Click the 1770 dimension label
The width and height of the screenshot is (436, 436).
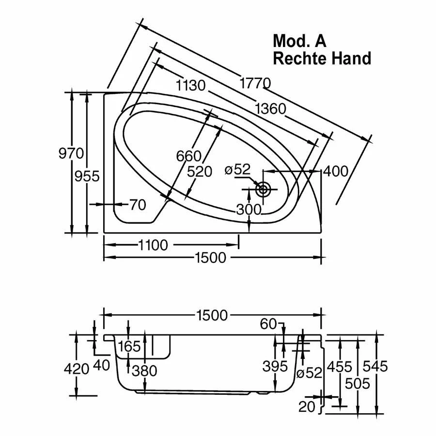pos(255,83)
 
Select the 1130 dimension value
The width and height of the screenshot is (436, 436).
pos(191,86)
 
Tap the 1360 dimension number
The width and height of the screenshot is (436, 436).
pos(270,109)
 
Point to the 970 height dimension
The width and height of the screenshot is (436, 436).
pos(71,154)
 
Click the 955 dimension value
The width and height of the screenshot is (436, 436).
pos(87,176)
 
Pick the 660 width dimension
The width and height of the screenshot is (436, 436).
pos(188,156)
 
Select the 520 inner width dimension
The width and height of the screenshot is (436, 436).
pos(200,171)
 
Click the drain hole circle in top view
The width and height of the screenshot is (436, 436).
pos(263,189)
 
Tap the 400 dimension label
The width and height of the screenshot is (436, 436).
pos(335,171)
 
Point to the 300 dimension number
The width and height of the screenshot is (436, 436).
pos(249,209)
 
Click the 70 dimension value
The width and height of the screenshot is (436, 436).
pos(138,205)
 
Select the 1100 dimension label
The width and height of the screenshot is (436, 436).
pos(152,245)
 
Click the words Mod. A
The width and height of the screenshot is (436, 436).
pos(299,41)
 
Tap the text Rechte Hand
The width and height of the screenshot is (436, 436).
pos(322,58)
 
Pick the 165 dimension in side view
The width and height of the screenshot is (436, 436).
pos(129,346)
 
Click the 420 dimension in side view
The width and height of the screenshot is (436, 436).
pos(77,369)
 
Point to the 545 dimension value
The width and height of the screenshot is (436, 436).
pos(376,367)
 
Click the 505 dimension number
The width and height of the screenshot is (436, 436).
pos(358,384)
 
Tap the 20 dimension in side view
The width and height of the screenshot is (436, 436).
pos(307,406)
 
